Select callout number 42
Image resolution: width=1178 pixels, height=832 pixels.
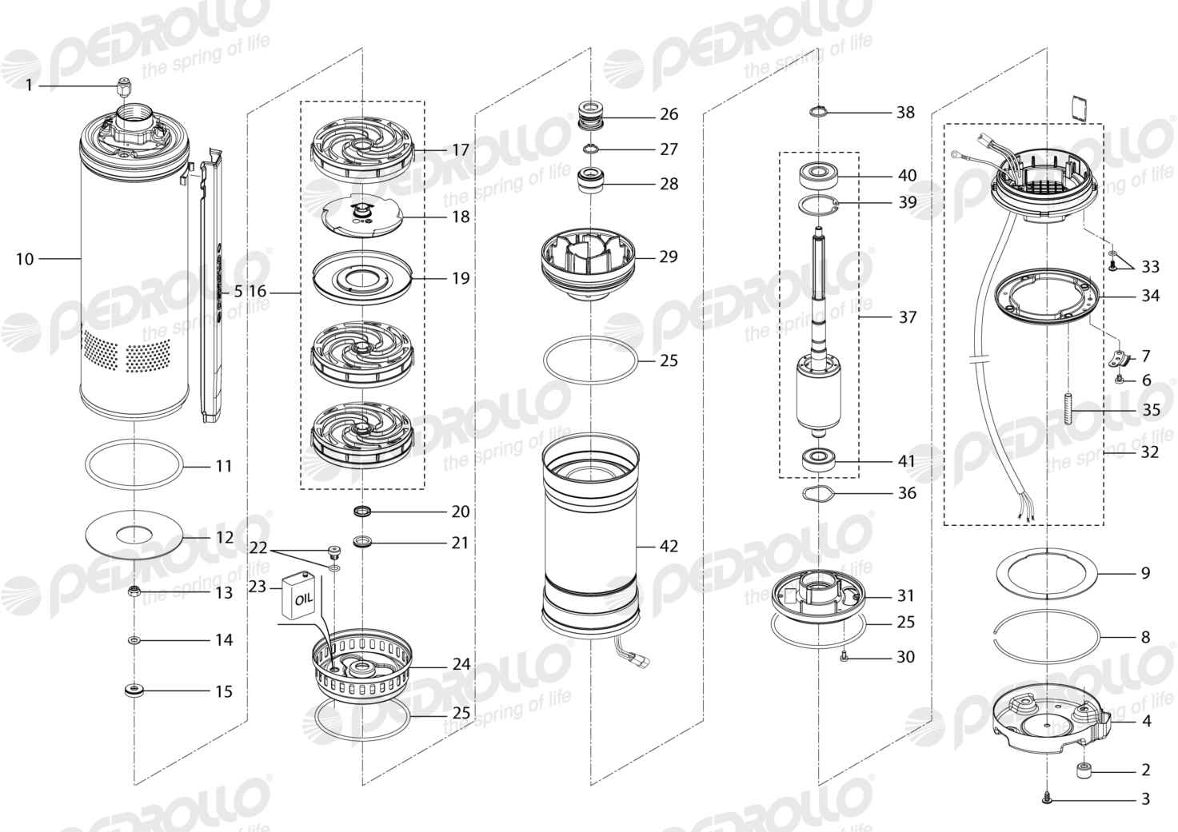coord(669,546)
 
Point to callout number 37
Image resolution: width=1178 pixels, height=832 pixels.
coord(907,317)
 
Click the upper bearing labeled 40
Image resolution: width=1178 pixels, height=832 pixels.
coord(818,176)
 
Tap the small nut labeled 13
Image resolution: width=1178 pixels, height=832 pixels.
coord(134,591)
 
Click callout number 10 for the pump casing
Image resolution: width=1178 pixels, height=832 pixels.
coord(25,259)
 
